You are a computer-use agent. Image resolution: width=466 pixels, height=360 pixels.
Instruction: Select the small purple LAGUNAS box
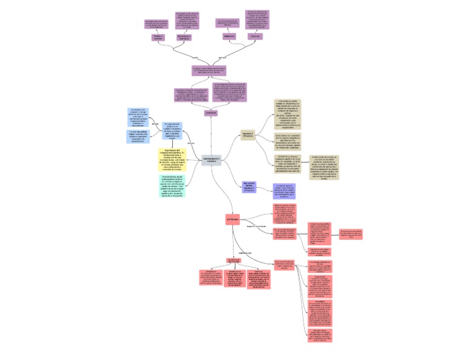[x=211, y=113]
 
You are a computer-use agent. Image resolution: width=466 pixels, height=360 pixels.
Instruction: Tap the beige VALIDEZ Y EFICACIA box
[x=248, y=134]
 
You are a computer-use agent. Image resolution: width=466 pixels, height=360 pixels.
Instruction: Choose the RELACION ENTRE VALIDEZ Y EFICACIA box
[x=249, y=186]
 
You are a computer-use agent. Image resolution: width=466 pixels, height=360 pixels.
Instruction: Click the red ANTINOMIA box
[x=232, y=218]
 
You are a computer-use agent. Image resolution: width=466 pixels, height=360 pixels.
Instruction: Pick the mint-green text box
[x=172, y=186]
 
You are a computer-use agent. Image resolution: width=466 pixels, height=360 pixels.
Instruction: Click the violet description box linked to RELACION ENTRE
[x=284, y=191]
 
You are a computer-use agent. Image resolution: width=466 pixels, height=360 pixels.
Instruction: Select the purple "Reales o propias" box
[x=158, y=37]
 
